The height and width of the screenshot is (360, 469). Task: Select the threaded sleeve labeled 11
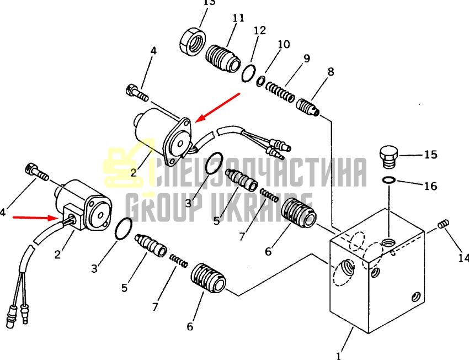(222, 59)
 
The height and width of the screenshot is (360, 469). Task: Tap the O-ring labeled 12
(248, 73)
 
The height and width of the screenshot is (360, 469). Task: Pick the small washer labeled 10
(260, 81)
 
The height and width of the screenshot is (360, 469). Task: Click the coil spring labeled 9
(280, 92)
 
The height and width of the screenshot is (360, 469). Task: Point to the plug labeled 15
(389, 157)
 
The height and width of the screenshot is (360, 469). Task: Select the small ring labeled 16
(389, 180)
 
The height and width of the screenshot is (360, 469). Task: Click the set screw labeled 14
(444, 224)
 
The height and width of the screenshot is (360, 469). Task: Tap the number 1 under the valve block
(338, 356)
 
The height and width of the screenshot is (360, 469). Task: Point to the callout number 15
(431, 155)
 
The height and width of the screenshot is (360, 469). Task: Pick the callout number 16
(431, 186)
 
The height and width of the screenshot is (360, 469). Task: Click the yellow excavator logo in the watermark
(129, 164)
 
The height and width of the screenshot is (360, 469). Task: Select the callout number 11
(238, 18)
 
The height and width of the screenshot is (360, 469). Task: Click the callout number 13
(209, 2)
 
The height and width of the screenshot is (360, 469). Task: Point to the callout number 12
(260, 30)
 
